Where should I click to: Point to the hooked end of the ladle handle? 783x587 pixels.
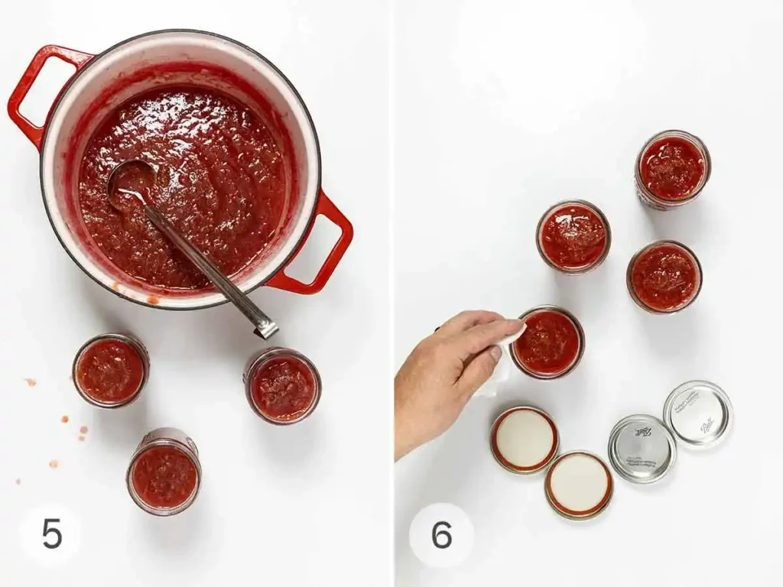pos(265,328)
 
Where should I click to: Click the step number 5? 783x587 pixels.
pos(51,534)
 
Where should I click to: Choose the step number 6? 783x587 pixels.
pos(441,534)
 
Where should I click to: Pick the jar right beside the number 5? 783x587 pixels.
pos(164,472)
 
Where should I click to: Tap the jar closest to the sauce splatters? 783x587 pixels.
pos(111,370)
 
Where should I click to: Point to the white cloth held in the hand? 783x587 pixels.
pos(501,359)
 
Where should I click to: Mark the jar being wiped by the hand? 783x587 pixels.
pos(547,342)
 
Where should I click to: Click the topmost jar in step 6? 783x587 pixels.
pos(672,168)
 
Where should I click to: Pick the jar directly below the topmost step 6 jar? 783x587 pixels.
pos(664,277)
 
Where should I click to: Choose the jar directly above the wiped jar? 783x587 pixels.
pos(573,236)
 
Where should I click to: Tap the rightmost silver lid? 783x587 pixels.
pos(697,413)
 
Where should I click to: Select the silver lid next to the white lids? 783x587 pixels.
pos(642,449)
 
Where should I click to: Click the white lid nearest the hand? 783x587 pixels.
pos(524,439)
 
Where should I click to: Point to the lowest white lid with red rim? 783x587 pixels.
pos(579,485)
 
